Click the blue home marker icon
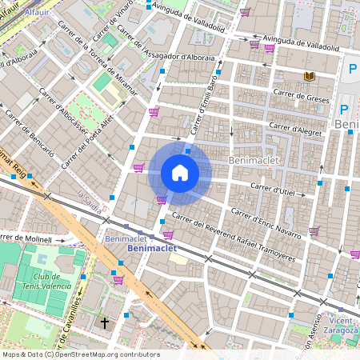[x=180, y=173]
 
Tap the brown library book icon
[x=309, y=76]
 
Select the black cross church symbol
[x=105, y=322]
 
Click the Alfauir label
[x=37, y=13]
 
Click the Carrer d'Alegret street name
[x=295, y=127]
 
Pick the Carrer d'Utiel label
[x=274, y=188]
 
